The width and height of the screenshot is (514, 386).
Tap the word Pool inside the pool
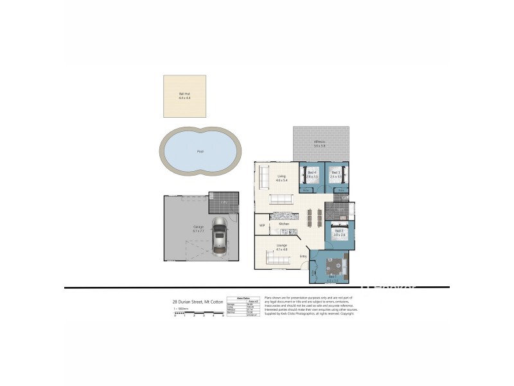tap(200, 152)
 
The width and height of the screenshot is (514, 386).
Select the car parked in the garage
tap(219, 237)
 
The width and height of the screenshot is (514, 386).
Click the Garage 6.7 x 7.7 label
tap(199, 228)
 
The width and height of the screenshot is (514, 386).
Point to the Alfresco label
tap(319, 144)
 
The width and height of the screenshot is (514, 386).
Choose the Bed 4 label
tap(312, 174)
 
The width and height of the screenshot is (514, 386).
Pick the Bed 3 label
tap(336, 174)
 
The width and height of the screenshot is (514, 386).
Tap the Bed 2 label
tap(339, 233)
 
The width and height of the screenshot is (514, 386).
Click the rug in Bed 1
tap(333, 266)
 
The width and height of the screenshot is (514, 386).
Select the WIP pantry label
tap(262, 226)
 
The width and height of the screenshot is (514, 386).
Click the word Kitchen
tap(283, 223)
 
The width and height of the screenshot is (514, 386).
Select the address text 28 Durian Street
tap(194, 301)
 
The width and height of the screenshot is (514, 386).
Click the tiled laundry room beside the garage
tap(223, 201)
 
